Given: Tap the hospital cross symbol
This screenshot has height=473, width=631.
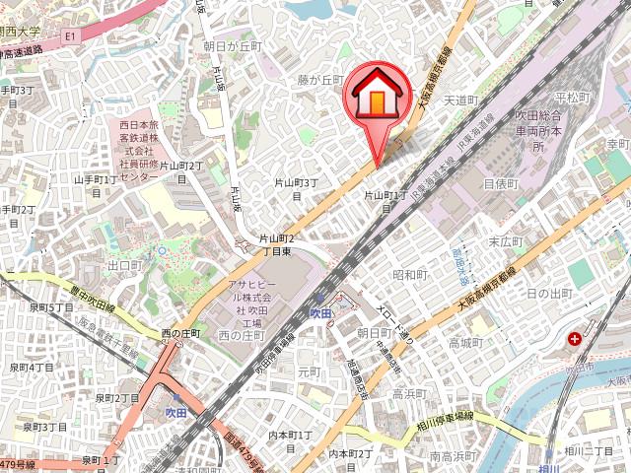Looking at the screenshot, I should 575,339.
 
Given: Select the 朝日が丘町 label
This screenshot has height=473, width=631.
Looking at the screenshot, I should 233,46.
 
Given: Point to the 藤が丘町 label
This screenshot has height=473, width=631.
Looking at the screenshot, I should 320,81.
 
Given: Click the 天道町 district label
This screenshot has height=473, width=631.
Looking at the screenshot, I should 460,101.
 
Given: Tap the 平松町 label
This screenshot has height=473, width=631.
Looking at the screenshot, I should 571,98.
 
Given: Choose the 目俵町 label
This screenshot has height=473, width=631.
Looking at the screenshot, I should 500,183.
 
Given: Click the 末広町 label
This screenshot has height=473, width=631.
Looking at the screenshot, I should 504,240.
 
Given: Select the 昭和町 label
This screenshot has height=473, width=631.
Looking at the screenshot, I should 409,274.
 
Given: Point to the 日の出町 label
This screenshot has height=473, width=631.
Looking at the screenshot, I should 548,294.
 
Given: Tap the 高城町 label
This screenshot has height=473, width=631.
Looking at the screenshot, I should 463,342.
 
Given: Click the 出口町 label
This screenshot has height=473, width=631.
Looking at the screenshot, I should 125,266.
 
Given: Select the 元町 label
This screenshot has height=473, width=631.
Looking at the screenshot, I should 309,372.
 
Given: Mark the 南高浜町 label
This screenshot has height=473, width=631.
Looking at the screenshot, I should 454,456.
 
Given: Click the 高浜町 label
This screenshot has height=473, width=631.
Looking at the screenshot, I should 408,392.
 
